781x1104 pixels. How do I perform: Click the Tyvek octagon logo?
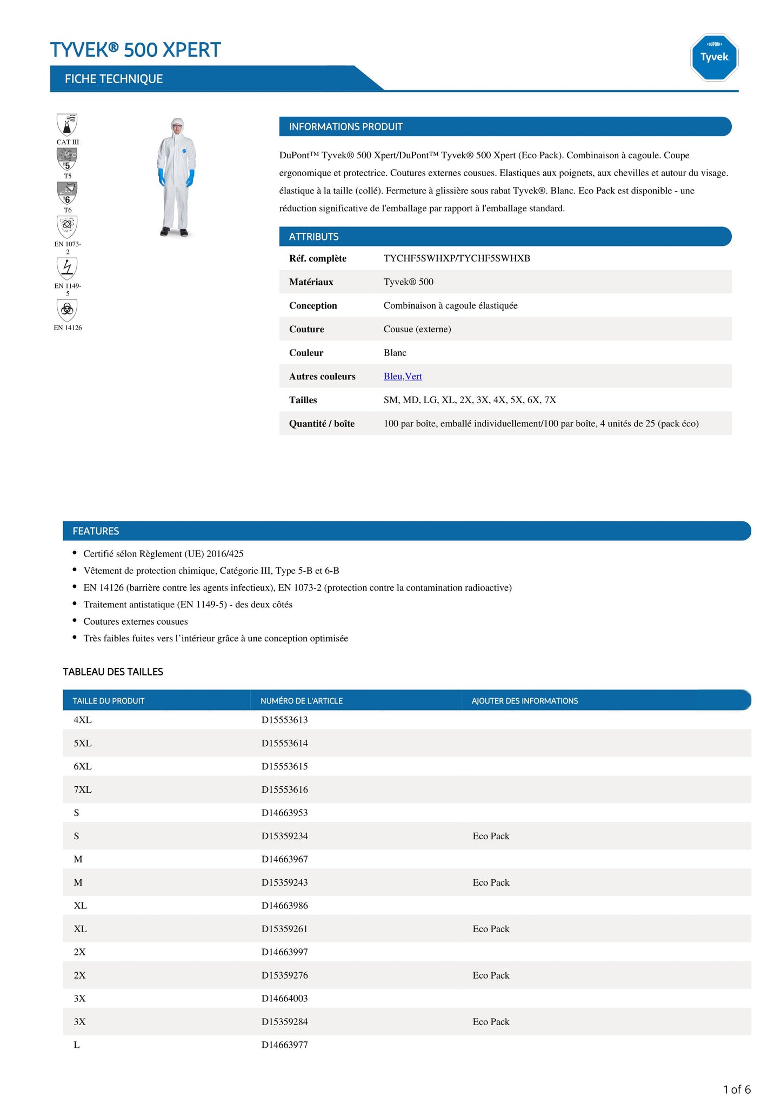[714, 57]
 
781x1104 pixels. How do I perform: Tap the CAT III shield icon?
[67, 125]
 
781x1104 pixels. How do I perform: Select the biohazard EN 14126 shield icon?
[67, 310]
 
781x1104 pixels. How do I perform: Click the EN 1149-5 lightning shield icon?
[67, 268]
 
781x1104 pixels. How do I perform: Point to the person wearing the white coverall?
[176, 177]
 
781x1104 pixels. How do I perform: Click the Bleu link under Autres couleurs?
[393, 376]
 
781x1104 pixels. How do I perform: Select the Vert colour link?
[413, 376]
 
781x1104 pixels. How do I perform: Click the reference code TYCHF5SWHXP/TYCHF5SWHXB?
[457, 258]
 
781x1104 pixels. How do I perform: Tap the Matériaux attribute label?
[311, 282]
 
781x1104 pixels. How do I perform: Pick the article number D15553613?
[285, 720]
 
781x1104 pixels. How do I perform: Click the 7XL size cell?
[83, 789]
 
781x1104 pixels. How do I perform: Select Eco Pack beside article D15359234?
[491, 836]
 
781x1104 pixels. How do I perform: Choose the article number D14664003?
[285, 998]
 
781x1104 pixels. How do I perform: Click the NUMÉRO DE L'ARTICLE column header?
[302, 701]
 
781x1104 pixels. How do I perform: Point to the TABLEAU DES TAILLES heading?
[113, 672]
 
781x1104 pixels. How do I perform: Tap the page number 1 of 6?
[737, 1089]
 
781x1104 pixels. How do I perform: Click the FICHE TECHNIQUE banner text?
[114, 79]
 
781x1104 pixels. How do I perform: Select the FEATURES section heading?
[96, 531]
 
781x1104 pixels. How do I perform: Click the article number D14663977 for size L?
[285, 1045]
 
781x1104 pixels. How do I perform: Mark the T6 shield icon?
[67, 192]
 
